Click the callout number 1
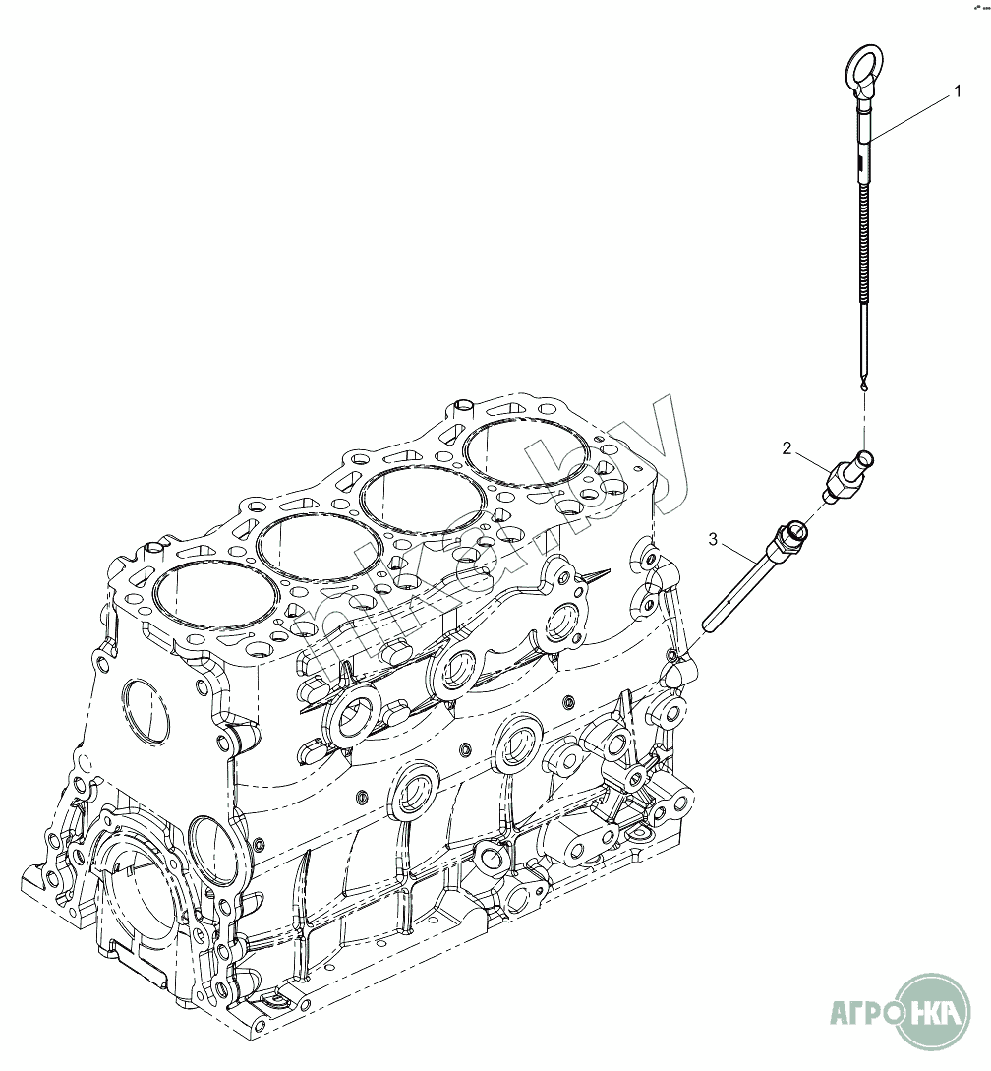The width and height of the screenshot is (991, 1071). (x=956, y=91)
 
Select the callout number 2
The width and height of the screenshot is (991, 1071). (x=787, y=448)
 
